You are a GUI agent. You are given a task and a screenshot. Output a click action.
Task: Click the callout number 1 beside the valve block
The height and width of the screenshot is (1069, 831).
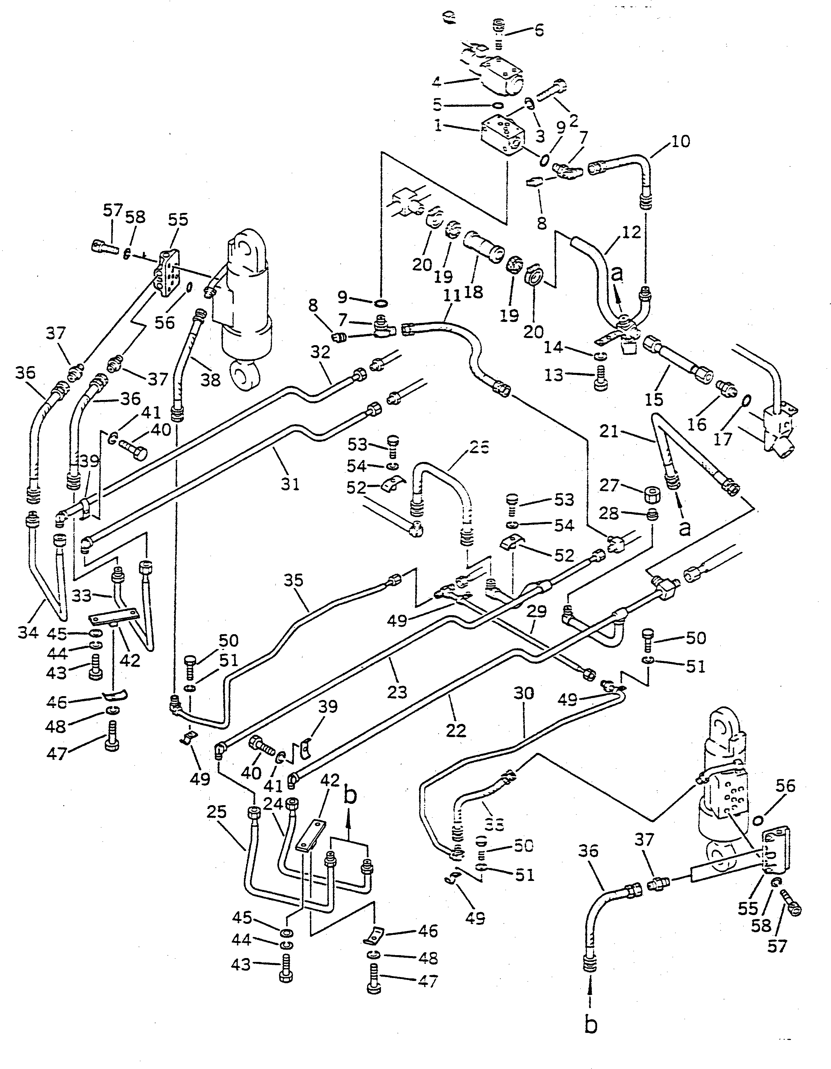point(437,126)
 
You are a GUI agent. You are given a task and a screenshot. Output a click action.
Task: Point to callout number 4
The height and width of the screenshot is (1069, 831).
point(436,82)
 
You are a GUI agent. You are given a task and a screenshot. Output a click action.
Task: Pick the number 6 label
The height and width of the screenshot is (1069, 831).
point(538,30)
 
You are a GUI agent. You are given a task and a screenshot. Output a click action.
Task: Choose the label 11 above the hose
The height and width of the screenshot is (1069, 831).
point(452,296)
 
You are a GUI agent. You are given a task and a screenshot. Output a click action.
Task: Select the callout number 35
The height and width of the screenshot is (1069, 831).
point(294,581)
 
